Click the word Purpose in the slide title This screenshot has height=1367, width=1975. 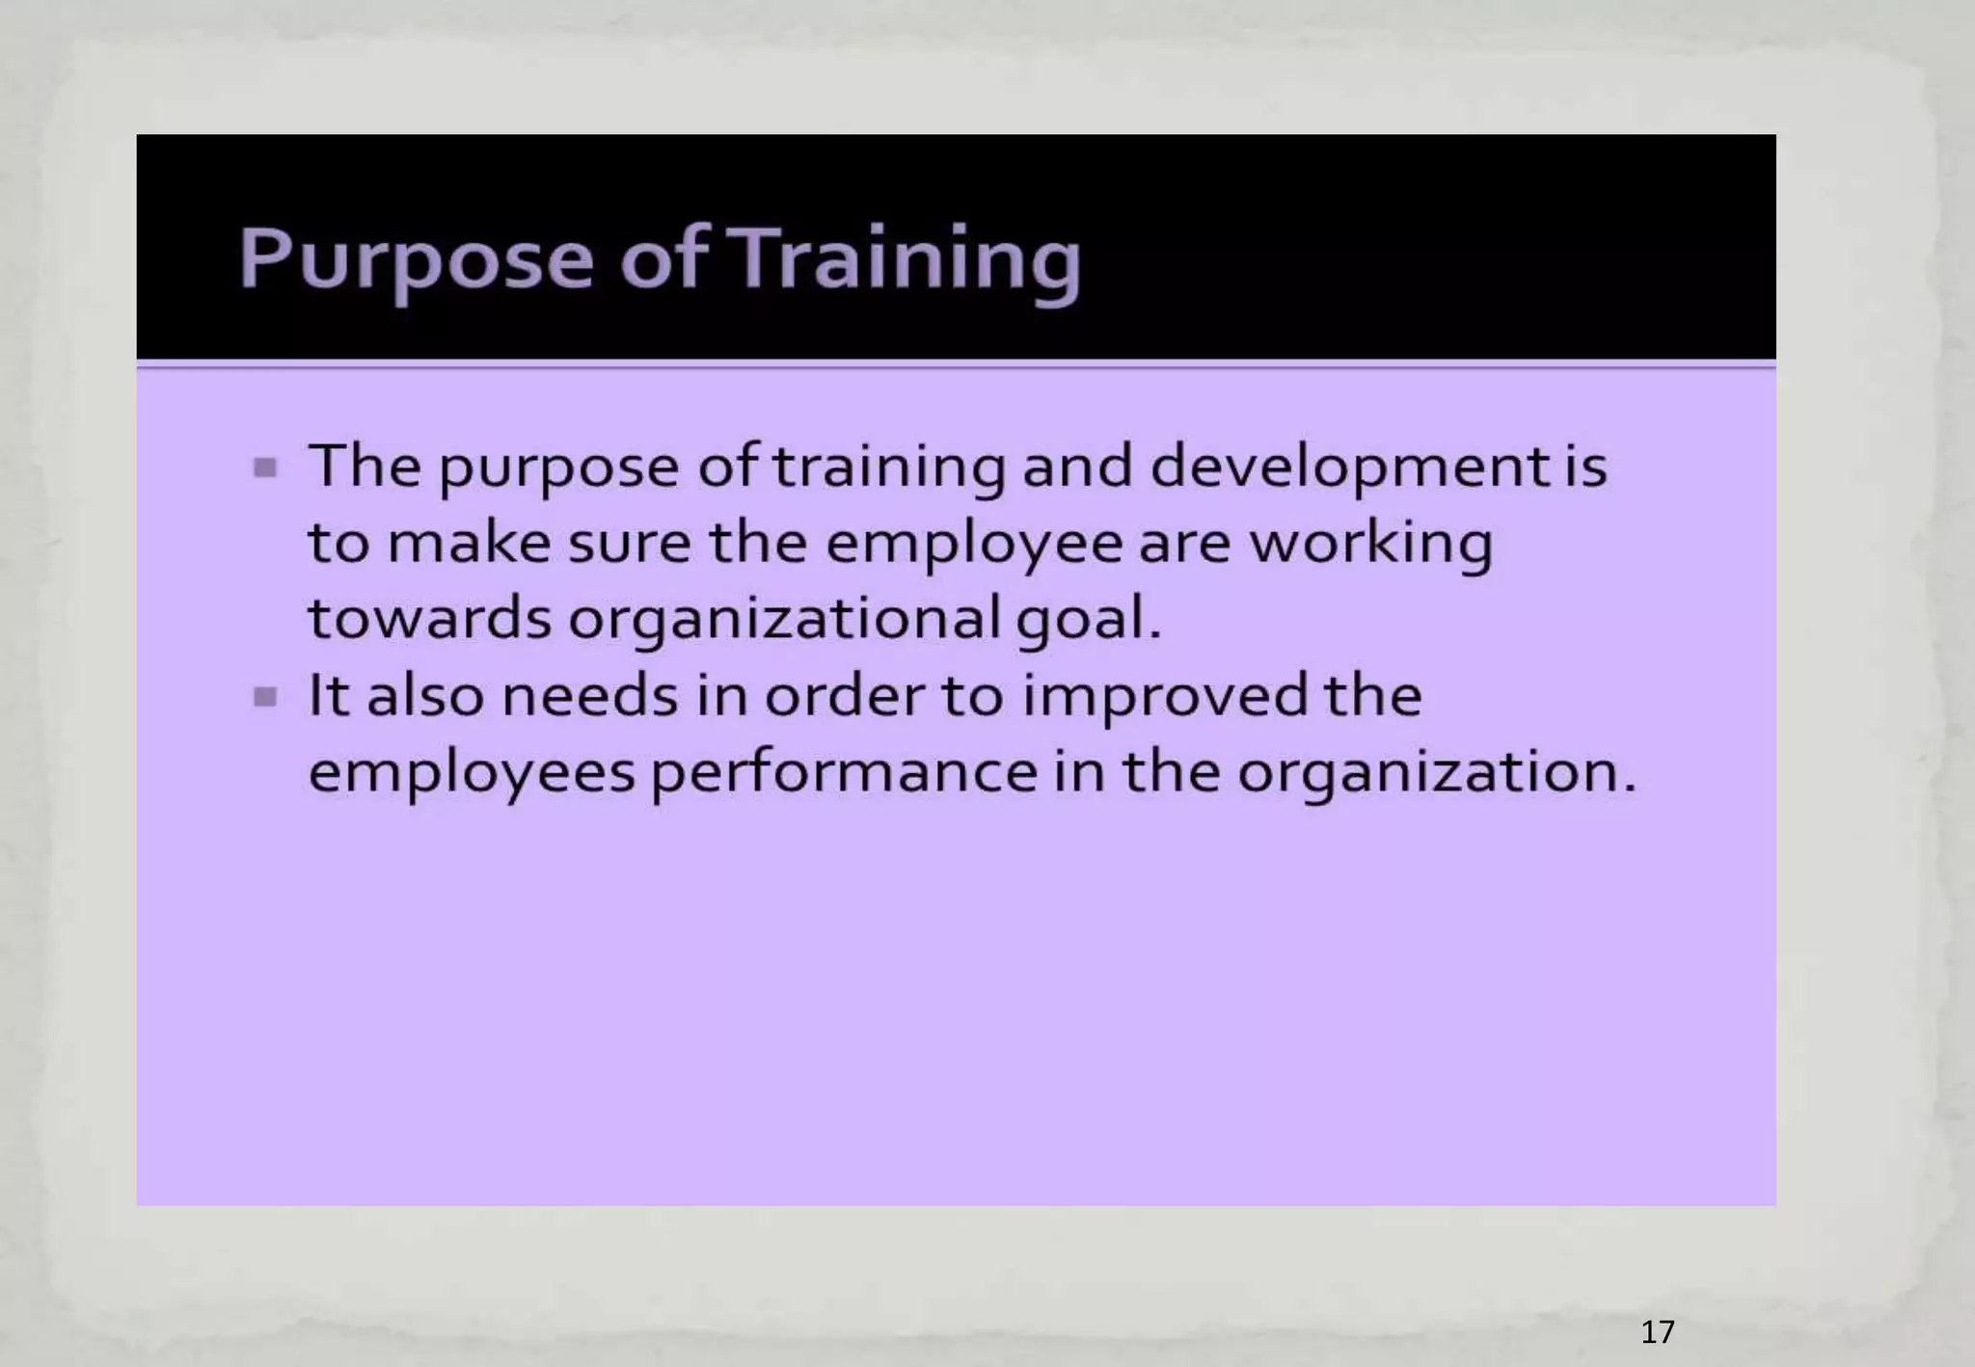(416, 258)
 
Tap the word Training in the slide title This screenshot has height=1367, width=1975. (907, 258)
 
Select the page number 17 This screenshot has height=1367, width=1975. (1657, 1331)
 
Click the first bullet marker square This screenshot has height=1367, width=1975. (265, 469)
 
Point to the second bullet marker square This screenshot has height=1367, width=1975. (265, 697)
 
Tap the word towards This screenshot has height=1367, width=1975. (429, 619)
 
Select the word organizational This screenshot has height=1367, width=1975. (784, 619)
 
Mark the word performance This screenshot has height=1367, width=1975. (844, 772)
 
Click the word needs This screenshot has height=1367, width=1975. (590, 695)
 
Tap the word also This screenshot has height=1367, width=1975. (425, 695)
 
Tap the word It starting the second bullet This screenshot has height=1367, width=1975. (328, 695)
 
